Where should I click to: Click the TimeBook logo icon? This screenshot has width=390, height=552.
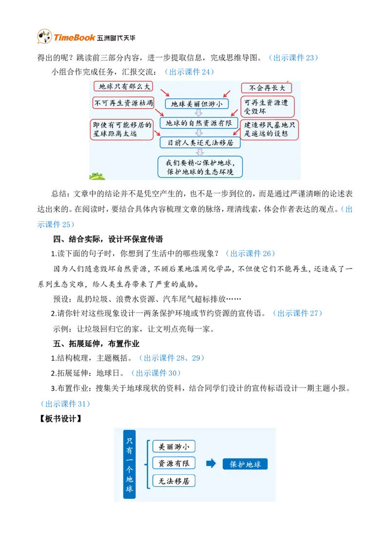point(44,37)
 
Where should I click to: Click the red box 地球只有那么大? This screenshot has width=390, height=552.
point(122,86)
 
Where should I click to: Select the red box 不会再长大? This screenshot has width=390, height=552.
point(267,88)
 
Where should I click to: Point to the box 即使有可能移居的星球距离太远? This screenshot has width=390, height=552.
point(121,129)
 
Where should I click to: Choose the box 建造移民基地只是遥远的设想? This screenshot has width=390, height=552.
point(270,129)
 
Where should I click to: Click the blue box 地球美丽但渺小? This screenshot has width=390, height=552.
point(196,104)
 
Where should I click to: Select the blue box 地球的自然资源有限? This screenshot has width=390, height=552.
point(198,123)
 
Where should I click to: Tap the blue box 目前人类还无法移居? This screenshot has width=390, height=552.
point(200,143)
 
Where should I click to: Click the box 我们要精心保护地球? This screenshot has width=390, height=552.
point(200,167)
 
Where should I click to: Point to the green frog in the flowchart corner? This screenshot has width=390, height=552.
point(96,177)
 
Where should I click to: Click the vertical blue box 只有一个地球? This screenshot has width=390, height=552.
point(129,464)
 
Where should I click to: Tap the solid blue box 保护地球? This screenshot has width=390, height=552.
point(245,464)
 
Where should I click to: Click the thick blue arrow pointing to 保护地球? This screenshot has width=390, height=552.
point(211,464)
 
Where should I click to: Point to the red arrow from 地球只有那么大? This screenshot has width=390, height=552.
point(164,93)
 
